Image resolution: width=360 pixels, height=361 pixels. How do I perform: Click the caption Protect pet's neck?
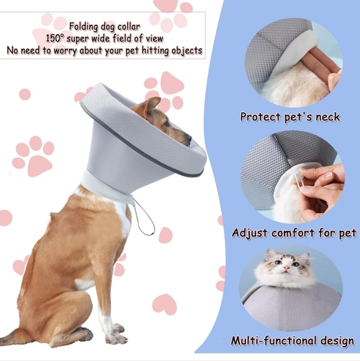(x=290, y=116)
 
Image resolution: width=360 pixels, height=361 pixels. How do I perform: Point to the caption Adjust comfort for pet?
(x=293, y=233)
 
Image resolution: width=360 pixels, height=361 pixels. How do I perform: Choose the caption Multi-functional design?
(x=292, y=340)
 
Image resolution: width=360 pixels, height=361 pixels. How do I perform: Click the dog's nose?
(x=189, y=142)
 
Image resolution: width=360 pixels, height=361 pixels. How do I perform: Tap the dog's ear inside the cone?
(x=151, y=105)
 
